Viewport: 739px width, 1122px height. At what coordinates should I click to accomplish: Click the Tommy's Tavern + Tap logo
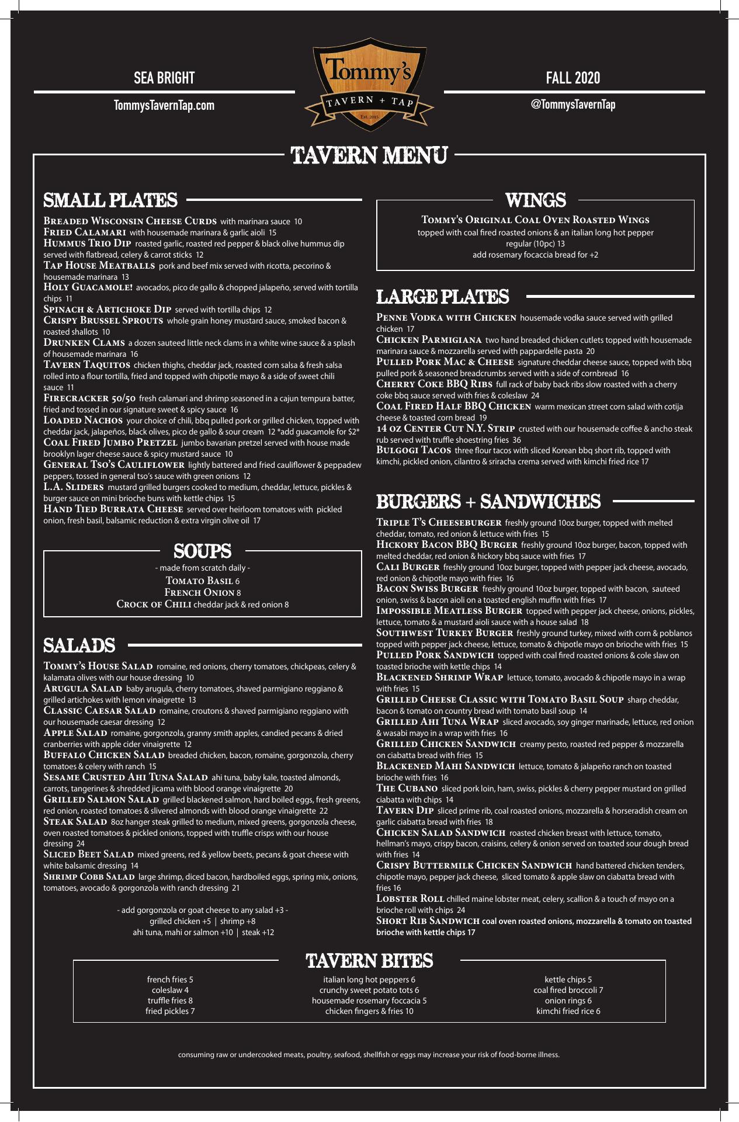369,84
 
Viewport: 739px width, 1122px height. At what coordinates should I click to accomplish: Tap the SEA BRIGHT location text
164,78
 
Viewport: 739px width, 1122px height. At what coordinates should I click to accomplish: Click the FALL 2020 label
573,78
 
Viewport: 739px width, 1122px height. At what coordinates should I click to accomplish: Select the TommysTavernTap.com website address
164,106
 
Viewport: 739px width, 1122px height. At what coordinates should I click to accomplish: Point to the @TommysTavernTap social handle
573,105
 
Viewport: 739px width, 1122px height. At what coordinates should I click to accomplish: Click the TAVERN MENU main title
370,155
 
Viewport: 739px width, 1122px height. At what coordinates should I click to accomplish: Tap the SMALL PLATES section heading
110,200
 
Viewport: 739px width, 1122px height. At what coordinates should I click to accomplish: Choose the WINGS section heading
535,200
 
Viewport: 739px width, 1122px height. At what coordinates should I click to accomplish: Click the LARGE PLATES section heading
442,297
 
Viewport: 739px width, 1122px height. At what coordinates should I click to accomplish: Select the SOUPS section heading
202,551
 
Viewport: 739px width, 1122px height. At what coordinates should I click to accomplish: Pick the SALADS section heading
79,645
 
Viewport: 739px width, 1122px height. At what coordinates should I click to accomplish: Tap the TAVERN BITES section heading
369,961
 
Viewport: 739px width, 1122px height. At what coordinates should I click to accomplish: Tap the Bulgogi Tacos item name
414,450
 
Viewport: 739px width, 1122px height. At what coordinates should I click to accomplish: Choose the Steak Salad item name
75,821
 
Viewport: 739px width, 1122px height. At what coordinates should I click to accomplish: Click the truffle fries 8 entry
170,1001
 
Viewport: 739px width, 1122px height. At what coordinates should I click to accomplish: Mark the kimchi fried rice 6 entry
568,1011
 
